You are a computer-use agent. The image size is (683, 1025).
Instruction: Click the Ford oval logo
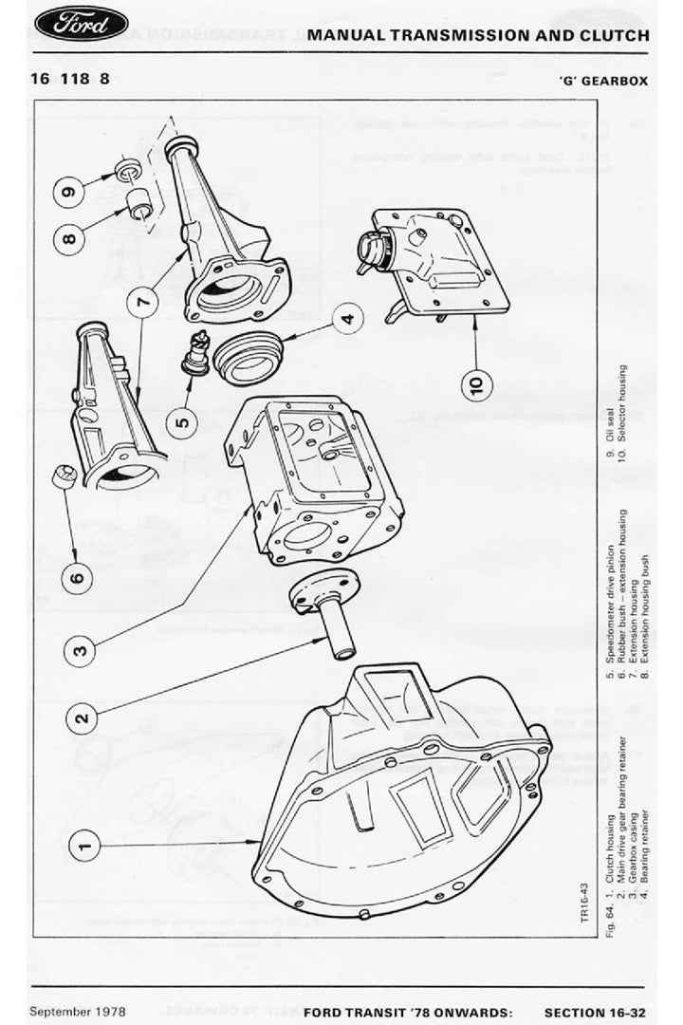tap(81, 25)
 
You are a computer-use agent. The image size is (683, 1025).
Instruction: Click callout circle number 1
tap(83, 844)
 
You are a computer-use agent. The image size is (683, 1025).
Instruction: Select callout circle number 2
tap(83, 717)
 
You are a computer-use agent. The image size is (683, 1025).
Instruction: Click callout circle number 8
tap(70, 238)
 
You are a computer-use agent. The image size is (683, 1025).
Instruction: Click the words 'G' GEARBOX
tap(603, 81)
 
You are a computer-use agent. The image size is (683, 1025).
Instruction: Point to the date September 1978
tap(77, 1011)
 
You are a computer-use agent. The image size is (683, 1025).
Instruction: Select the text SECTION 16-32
tap(597, 1012)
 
